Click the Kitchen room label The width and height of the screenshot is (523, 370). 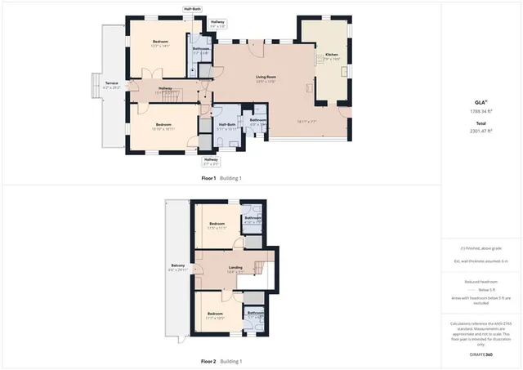click(x=331, y=56)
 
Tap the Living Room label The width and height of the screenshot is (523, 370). click(x=266, y=78)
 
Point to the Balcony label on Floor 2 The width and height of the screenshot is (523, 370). click(x=177, y=266)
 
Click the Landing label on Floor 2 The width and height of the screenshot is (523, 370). click(x=235, y=268)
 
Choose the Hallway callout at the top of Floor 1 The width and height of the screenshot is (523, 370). click(x=217, y=22)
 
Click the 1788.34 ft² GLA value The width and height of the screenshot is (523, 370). click(x=482, y=111)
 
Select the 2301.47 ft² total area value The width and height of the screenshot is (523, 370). click(x=482, y=131)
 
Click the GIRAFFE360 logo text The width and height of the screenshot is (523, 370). click(x=482, y=354)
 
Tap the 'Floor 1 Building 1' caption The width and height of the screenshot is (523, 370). click(x=221, y=178)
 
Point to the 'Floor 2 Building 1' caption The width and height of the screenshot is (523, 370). click(x=221, y=361)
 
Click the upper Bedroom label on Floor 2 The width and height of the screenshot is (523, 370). click(x=217, y=224)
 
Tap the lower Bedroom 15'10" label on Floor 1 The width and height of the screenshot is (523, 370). click(x=163, y=125)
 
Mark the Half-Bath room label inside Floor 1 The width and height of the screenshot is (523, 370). click(x=227, y=125)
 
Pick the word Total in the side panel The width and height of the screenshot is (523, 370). click(x=482, y=123)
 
